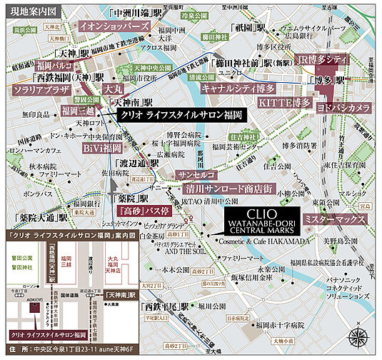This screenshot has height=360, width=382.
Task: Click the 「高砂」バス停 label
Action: [142, 212]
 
